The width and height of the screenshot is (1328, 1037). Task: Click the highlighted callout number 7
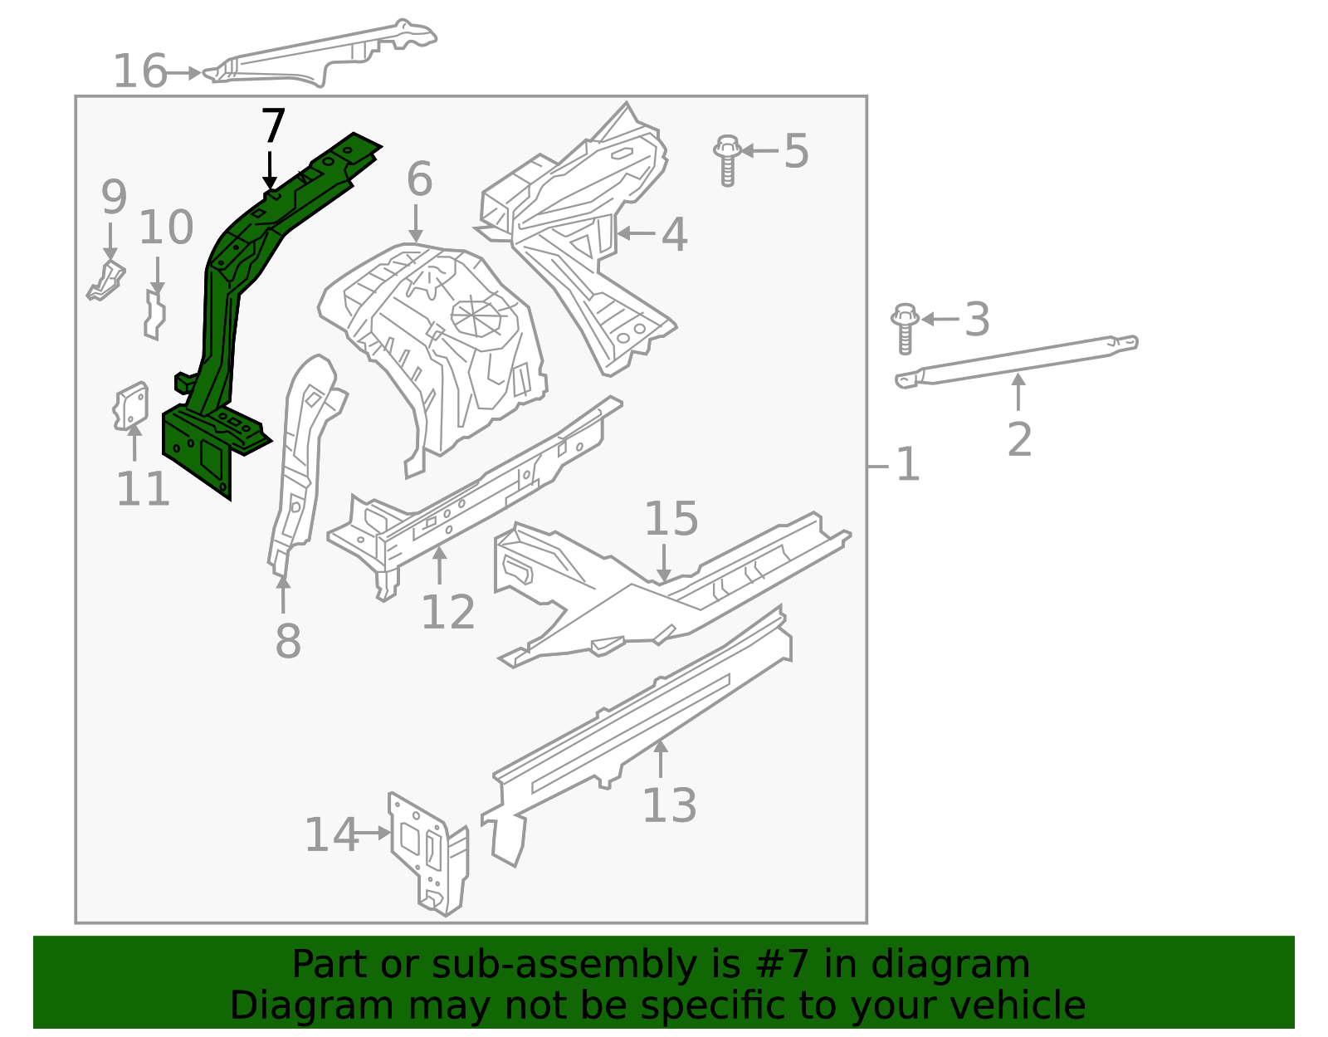(x=273, y=127)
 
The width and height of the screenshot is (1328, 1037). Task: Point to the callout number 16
(x=139, y=71)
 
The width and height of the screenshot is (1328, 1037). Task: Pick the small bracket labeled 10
(x=154, y=314)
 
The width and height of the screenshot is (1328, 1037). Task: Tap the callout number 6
(x=419, y=179)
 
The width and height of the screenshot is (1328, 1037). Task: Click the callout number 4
(x=674, y=234)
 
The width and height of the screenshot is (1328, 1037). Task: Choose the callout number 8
(x=288, y=642)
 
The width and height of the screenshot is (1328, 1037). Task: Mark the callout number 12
(x=447, y=613)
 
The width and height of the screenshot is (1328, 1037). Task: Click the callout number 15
(x=671, y=519)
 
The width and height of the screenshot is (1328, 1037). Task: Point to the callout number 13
(x=669, y=805)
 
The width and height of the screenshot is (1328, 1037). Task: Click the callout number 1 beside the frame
(x=908, y=464)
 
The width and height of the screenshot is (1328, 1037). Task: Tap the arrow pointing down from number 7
(x=270, y=170)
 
